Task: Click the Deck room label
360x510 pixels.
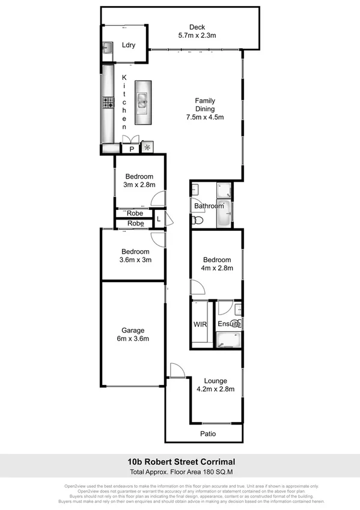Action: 197,27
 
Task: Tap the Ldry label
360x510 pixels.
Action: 128,45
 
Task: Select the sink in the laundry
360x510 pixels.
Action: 107,48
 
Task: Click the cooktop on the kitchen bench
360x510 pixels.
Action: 108,103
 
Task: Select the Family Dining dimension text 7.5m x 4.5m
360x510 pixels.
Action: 204,117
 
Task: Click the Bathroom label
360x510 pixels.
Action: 209,206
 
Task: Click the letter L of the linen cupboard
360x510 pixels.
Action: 159,219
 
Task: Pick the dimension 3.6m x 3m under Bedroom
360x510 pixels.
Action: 135,260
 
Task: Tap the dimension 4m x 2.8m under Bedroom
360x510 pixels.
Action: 217,268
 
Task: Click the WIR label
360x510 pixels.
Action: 200,324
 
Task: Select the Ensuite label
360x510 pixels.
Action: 229,324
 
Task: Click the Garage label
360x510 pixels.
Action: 133,330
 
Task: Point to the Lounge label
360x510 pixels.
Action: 215,380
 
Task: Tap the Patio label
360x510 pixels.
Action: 208,434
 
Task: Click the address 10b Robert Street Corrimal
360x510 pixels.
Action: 180,462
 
